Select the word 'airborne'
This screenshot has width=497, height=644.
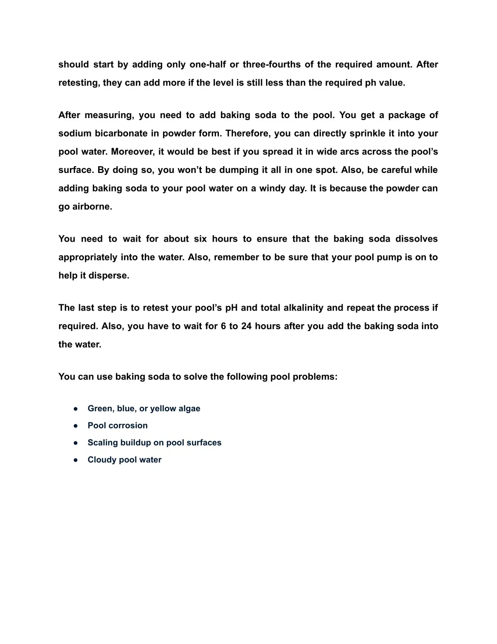pos(92,207)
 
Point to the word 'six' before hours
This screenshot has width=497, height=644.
pos(200,239)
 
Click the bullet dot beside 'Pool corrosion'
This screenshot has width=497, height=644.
pos(76,426)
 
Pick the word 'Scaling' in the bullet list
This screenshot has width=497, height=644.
pos(102,443)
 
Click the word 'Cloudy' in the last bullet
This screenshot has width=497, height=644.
pos(102,460)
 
